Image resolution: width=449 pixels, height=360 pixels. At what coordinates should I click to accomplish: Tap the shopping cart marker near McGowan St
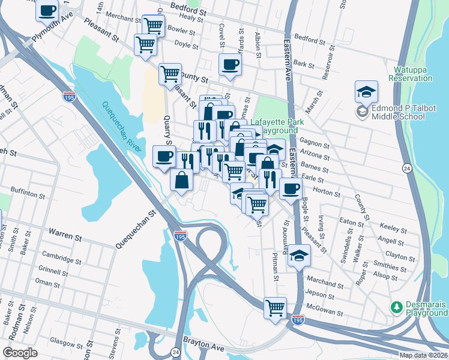coord(275,308)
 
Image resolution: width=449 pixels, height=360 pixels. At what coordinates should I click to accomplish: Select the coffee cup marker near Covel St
coord(230,65)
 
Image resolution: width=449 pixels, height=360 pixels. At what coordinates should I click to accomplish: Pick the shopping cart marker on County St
coord(170,74)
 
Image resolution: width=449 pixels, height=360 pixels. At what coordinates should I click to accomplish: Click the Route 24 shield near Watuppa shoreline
coord(407,169)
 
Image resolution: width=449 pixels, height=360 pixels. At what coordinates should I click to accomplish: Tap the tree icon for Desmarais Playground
coord(396,307)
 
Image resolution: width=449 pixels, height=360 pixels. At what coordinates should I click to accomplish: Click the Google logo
coord(20,353)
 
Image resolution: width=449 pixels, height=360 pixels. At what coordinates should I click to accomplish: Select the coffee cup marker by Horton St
coord(291,188)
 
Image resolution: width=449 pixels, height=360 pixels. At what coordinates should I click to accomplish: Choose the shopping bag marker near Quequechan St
coord(181,179)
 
